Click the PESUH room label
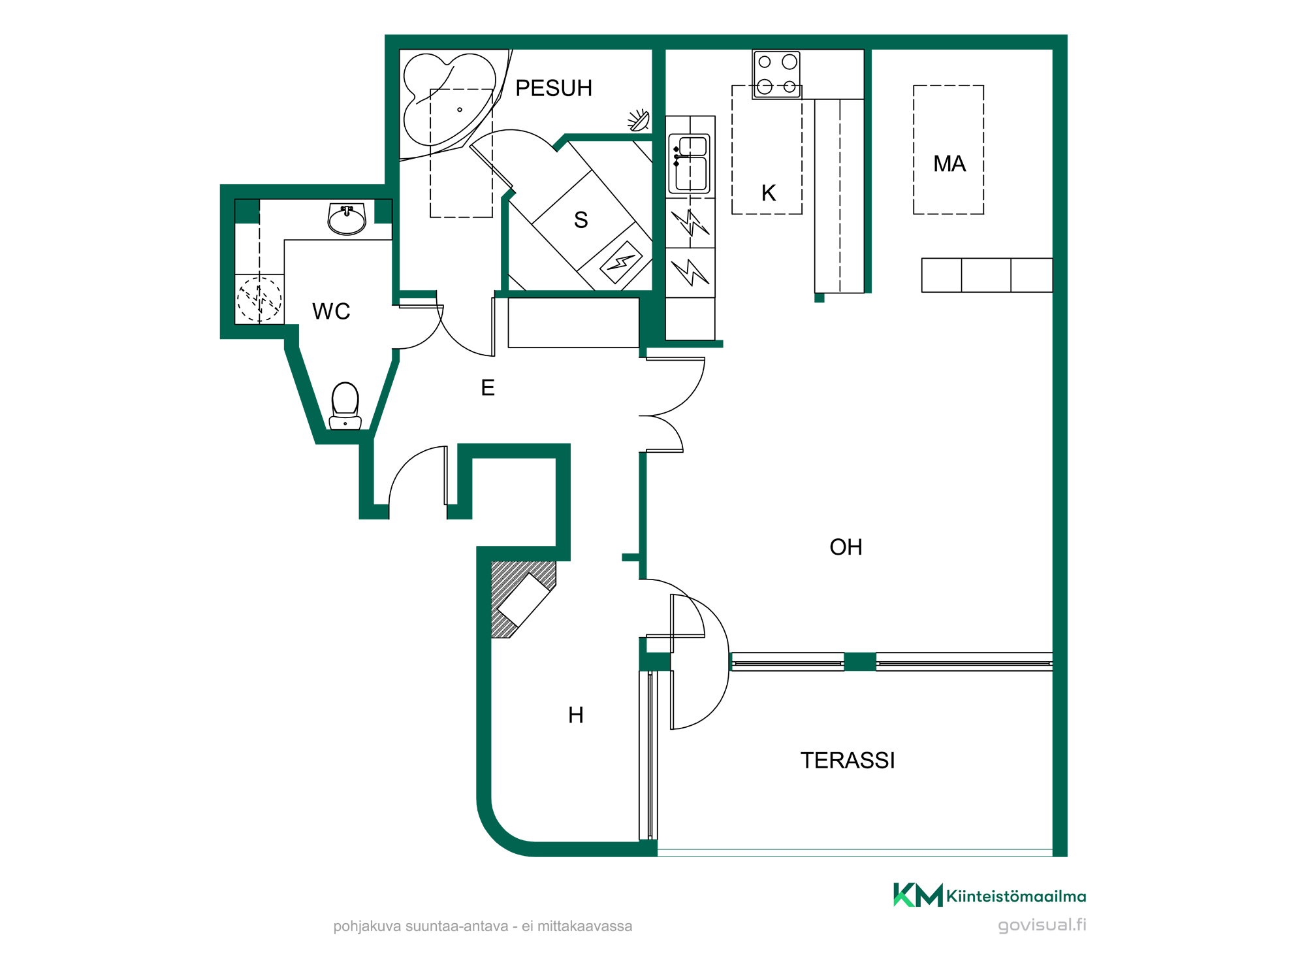(554, 88)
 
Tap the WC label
(331, 312)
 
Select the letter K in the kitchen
(769, 193)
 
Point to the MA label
(949, 164)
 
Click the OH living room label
(846, 547)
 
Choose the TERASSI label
(848, 760)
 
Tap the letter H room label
(576, 715)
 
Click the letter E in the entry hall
(488, 388)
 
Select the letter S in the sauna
(581, 220)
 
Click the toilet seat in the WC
(345, 405)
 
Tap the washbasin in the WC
(347, 218)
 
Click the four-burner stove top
(776, 74)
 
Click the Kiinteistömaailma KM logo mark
(918, 895)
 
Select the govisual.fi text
(1042, 925)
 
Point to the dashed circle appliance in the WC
(259, 300)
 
